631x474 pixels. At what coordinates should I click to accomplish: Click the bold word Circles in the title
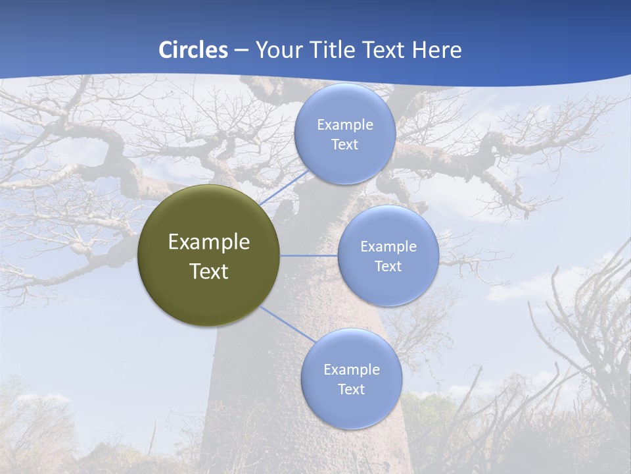(x=193, y=50)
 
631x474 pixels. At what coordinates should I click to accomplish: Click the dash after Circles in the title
(x=241, y=51)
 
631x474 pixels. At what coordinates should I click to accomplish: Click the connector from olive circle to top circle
(x=285, y=188)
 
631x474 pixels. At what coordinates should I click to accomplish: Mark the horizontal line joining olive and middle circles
(x=309, y=255)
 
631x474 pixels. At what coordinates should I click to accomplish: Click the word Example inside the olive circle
(x=208, y=242)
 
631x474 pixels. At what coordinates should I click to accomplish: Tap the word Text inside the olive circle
(x=208, y=271)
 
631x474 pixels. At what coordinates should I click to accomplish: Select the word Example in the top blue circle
(x=344, y=125)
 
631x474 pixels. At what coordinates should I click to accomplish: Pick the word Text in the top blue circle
(x=344, y=145)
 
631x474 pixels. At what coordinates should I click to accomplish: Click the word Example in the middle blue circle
(x=388, y=247)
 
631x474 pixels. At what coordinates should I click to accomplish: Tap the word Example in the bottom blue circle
(x=351, y=370)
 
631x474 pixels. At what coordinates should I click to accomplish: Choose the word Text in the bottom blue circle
(x=351, y=390)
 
